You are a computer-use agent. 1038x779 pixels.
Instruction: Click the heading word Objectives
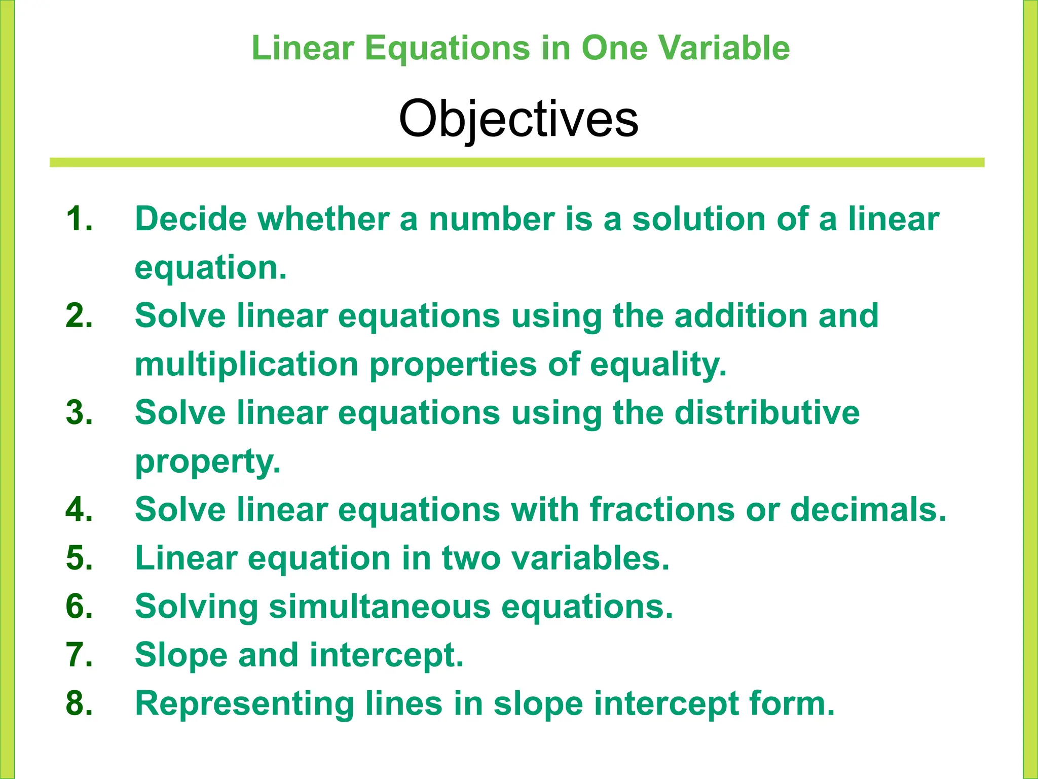[518, 119]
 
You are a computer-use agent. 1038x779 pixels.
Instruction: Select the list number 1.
[79, 219]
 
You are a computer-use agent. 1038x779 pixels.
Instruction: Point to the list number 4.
[79, 510]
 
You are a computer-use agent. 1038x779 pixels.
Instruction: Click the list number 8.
[79, 704]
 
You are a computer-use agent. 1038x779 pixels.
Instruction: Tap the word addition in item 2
[740, 316]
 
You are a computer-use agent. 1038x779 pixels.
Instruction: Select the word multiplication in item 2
[247, 365]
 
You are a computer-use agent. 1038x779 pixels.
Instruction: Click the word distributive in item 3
[767, 413]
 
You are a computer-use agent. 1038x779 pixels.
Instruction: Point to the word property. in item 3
[208, 463]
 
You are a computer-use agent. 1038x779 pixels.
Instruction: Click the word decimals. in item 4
[868, 510]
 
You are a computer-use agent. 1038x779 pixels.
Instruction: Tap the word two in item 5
[471, 558]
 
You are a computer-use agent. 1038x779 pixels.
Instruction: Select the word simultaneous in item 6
[380, 607]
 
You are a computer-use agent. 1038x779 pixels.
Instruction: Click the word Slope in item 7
[181, 655]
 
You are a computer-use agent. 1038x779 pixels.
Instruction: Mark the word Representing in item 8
[244, 704]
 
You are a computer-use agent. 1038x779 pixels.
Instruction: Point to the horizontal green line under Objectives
[517, 162]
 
